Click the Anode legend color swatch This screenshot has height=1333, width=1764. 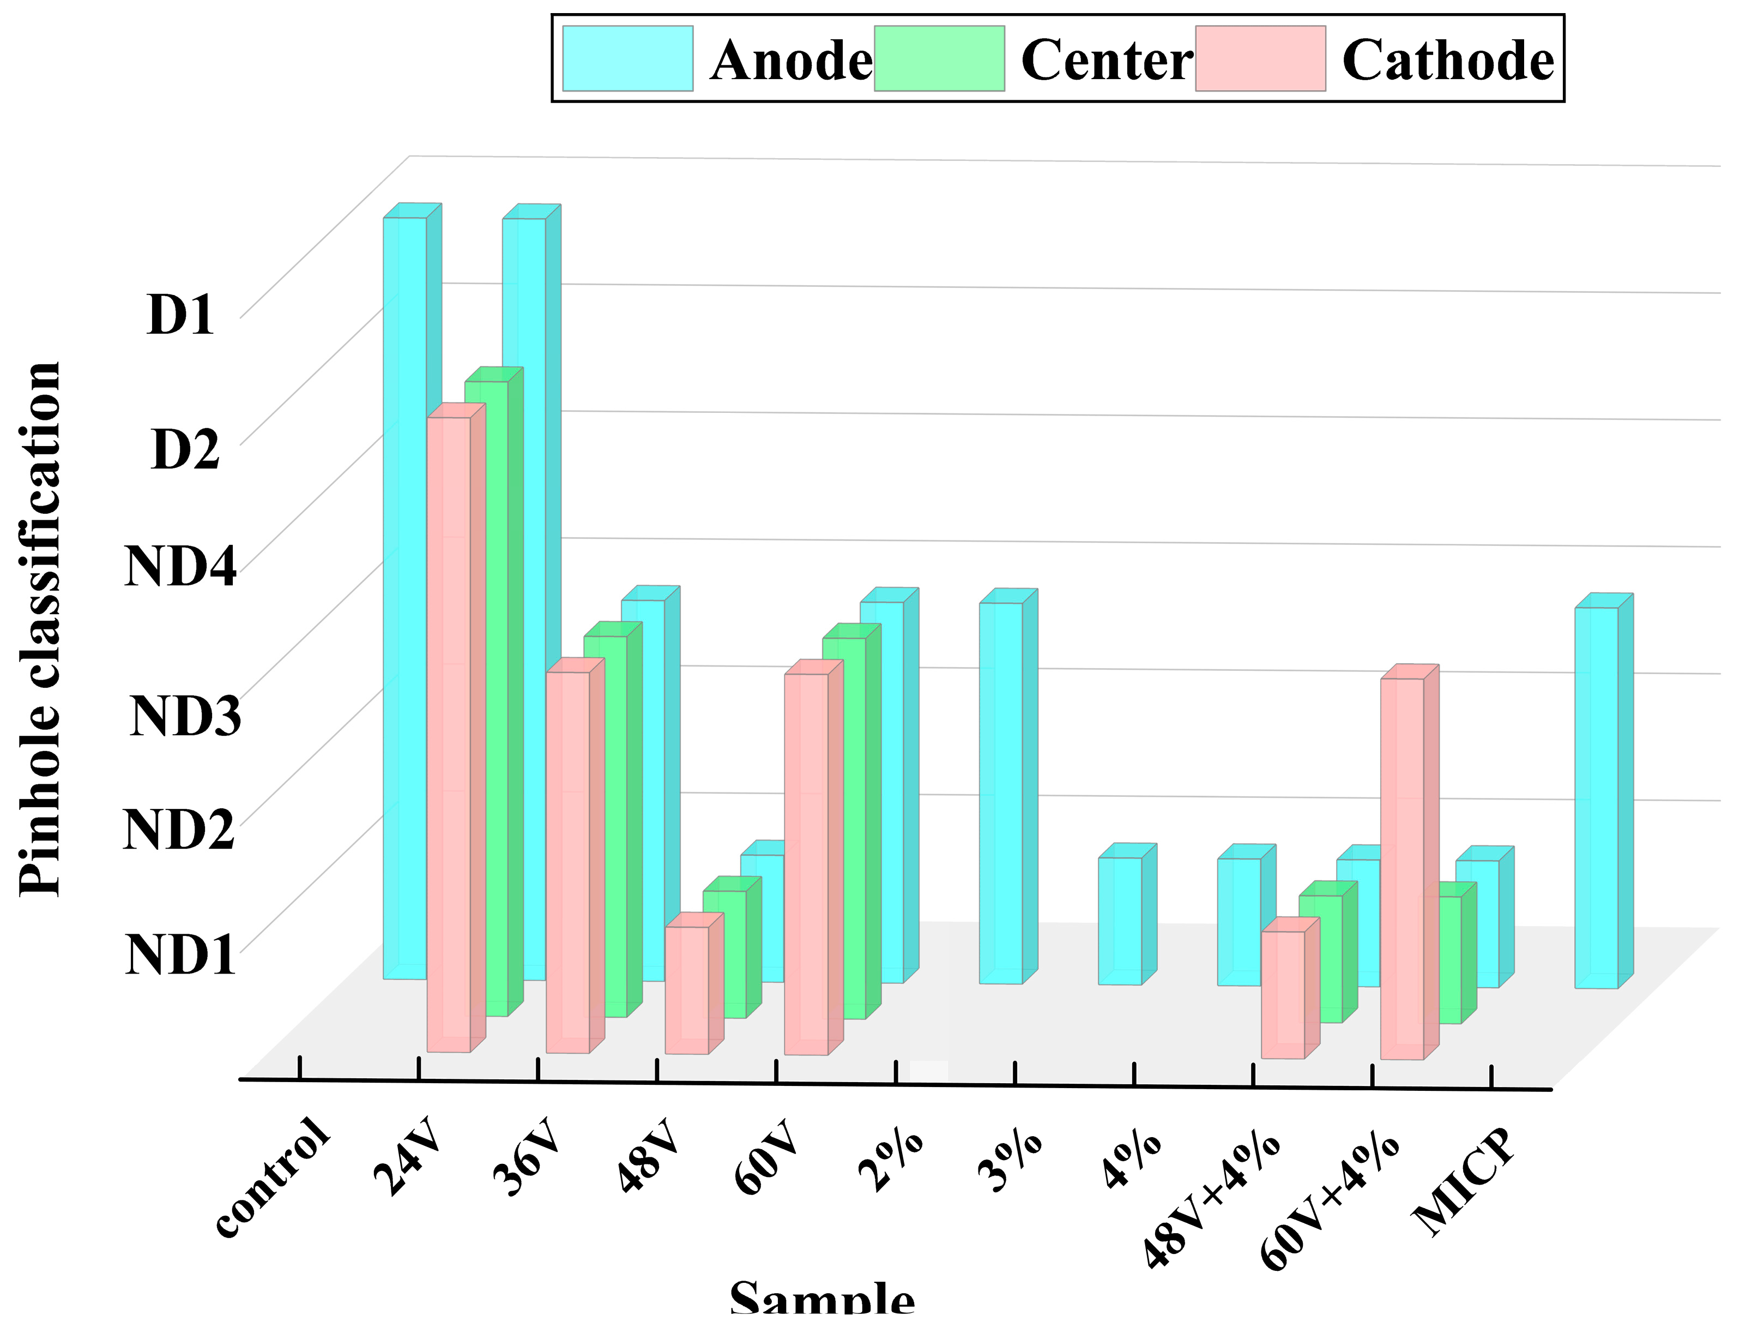(627, 58)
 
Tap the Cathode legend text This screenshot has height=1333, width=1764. (1447, 61)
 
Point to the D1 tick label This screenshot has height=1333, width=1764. (181, 314)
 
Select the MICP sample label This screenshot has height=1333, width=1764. (1463, 1181)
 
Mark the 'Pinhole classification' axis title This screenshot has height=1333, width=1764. (40, 630)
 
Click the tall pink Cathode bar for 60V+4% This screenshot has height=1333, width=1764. (1402, 869)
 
